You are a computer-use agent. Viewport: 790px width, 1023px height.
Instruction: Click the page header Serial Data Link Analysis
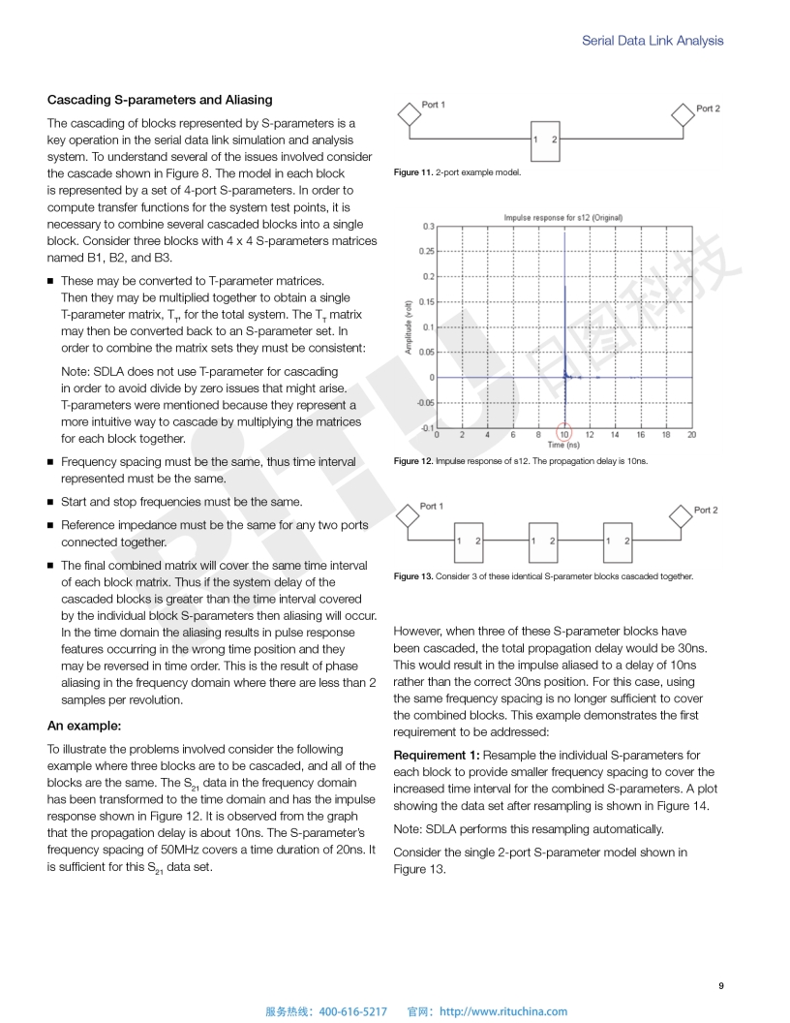(x=652, y=41)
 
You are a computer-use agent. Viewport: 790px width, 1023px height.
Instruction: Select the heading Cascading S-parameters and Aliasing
(x=160, y=100)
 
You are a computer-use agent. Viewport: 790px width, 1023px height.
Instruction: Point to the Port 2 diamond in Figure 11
(x=684, y=114)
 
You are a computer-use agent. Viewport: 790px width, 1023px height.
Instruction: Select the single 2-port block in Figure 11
(x=544, y=140)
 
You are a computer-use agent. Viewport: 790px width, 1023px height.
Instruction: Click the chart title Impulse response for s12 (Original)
(x=562, y=218)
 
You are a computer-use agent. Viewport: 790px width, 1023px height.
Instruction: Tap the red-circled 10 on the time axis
(x=564, y=434)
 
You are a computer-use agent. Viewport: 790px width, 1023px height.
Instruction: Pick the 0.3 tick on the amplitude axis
(x=428, y=227)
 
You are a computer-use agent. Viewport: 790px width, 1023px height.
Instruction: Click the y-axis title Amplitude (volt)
(x=410, y=325)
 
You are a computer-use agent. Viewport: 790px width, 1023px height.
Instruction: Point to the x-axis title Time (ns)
(x=564, y=445)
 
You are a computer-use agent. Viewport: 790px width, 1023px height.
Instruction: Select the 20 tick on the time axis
(x=691, y=435)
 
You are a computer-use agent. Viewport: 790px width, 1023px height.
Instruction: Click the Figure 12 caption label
(x=413, y=461)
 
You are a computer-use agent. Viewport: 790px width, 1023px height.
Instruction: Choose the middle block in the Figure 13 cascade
(x=544, y=541)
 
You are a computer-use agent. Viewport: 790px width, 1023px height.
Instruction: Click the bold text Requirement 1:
(x=436, y=755)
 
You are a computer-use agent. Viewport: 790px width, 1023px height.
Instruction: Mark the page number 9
(x=720, y=986)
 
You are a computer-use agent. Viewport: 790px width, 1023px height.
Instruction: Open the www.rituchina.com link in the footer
(x=503, y=1011)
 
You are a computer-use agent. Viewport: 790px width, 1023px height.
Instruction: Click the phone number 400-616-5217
(x=352, y=1011)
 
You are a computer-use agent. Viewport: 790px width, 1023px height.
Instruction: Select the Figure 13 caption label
(x=413, y=576)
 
